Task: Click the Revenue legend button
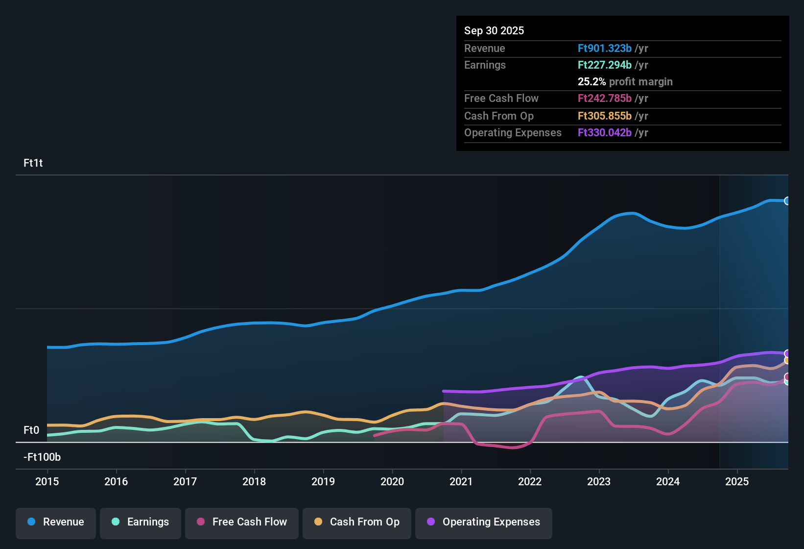(56, 522)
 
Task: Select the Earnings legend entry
(141, 522)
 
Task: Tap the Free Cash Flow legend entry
(242, 522)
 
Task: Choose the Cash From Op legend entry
(357, 522)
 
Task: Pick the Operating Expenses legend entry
(484, 522)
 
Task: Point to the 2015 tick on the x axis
(47, 481)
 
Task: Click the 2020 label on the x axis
(392, 481)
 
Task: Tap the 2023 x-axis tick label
(599, 481)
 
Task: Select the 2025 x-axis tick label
(737, 481)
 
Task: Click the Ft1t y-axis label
(33, 163)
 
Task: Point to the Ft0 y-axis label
(31, 430)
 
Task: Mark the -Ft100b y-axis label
(42, 457)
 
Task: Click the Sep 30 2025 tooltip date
(494, 31)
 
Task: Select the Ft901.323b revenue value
(605, 49)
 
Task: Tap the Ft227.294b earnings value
(605, 65)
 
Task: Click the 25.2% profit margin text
(625, 82)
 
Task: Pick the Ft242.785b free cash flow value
(605, 99)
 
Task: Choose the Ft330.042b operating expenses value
(605, 133)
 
